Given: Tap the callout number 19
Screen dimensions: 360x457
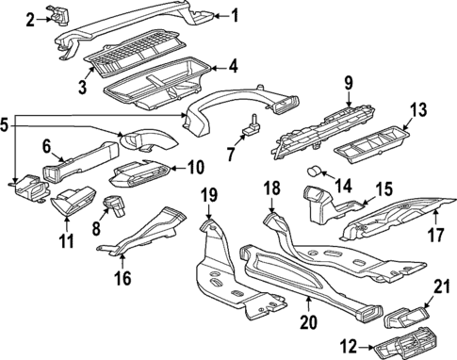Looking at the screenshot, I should [209, 197].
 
